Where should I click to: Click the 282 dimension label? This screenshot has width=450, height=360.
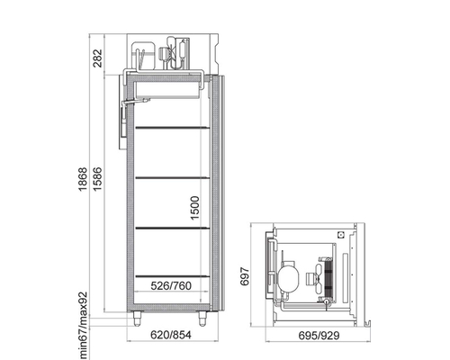97,58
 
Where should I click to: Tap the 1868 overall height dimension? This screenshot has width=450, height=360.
82,179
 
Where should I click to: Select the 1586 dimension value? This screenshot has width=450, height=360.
97,179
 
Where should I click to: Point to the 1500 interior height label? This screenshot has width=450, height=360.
194,208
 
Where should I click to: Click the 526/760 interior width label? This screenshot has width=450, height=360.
171,286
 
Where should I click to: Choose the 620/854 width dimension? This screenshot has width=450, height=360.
171,335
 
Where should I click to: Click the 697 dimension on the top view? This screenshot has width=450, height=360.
245,276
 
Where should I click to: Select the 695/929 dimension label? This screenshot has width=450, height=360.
319,336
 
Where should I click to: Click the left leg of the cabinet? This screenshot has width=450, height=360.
138,319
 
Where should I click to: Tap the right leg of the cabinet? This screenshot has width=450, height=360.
202,319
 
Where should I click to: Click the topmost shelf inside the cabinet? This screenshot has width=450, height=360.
173,128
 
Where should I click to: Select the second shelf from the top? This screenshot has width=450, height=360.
173,178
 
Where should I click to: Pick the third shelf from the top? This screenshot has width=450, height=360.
173,229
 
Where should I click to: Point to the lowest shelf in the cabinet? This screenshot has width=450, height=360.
173,275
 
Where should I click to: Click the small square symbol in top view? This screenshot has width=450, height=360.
341,235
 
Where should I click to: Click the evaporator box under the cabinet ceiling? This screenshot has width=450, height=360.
167,89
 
